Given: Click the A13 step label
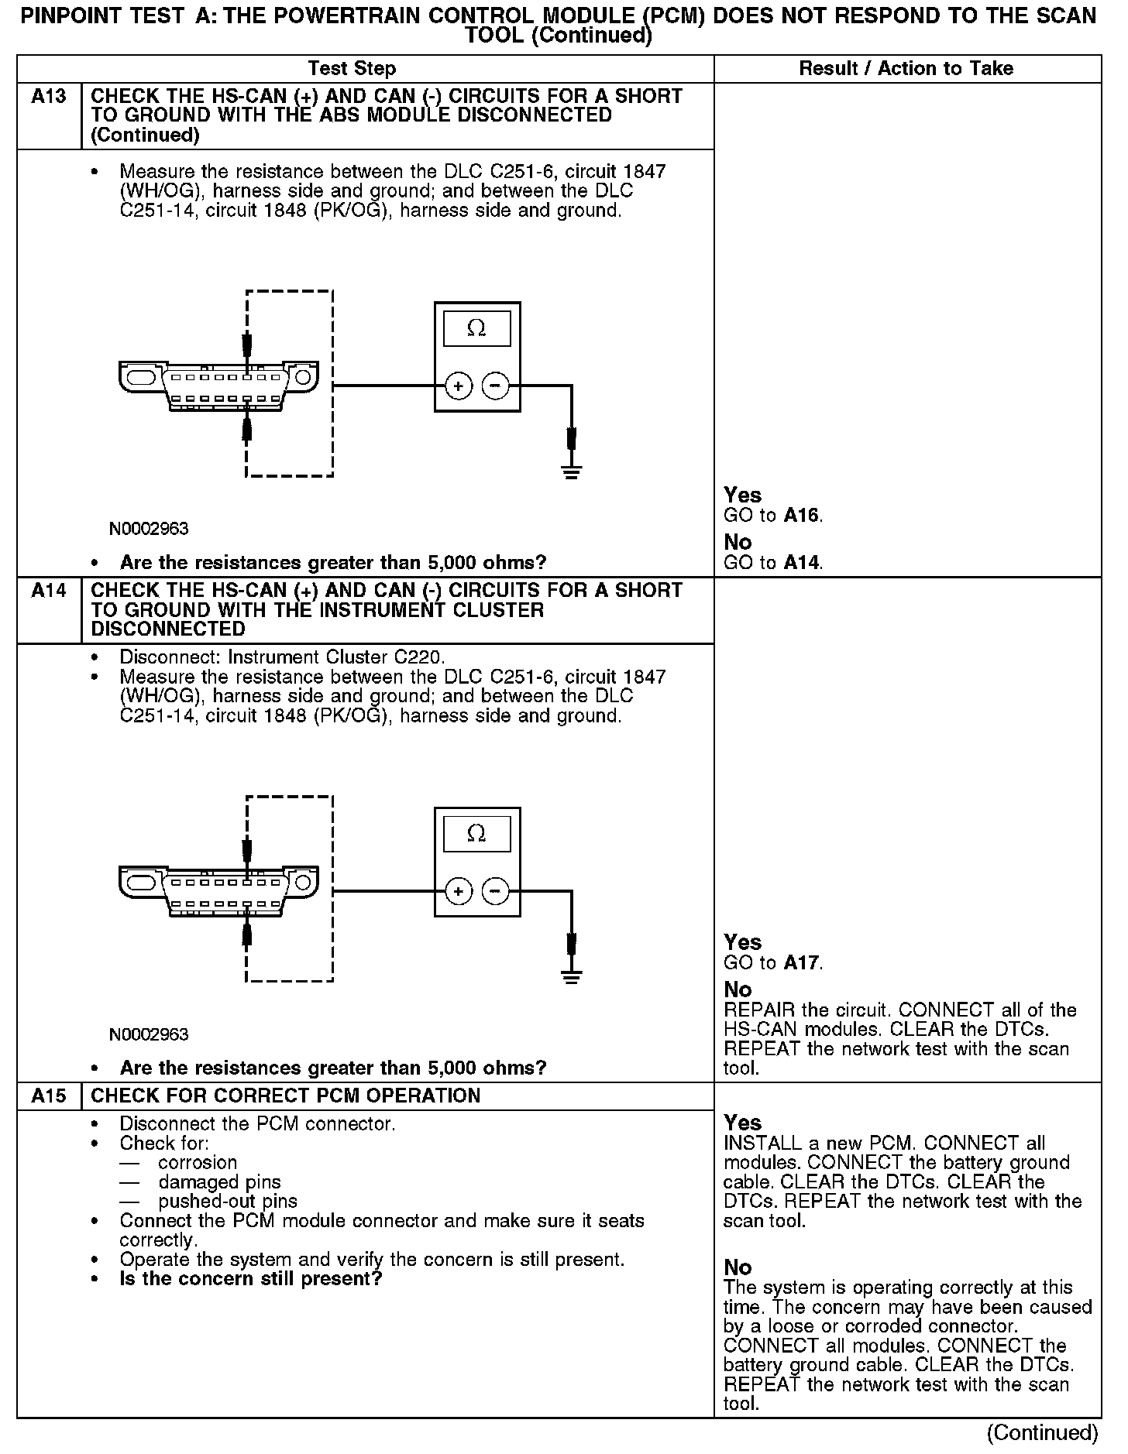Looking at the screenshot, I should (49, 97).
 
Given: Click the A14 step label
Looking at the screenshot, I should (49, 592).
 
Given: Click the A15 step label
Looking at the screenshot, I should (49, 1096).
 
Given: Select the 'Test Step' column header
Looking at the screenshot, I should (352, 69).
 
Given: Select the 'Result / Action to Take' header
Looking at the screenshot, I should (906, 69).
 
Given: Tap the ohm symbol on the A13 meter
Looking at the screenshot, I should (476, 329).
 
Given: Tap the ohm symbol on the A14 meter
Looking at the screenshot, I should (476, 834).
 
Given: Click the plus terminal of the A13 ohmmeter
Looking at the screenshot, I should (459, 386).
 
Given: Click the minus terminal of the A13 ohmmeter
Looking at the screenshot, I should (496, 386).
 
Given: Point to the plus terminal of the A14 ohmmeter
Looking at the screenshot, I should (459, 892).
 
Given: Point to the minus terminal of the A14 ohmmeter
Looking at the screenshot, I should (496, 892).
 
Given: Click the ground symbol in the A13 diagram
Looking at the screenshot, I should (572, 472).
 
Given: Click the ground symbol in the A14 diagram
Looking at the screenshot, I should (572, 977).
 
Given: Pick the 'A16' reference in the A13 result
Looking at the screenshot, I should (802, 516).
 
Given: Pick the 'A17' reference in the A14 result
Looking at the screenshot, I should (802, 963).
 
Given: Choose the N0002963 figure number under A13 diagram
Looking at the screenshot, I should (149, 529).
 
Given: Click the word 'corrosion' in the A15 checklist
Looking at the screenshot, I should (198, 1163).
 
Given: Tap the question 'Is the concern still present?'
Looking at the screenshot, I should (251, 1279).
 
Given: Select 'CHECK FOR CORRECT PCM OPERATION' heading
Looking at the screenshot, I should (286, 1096).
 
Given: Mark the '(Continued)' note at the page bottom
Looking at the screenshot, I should (1042, 1433).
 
